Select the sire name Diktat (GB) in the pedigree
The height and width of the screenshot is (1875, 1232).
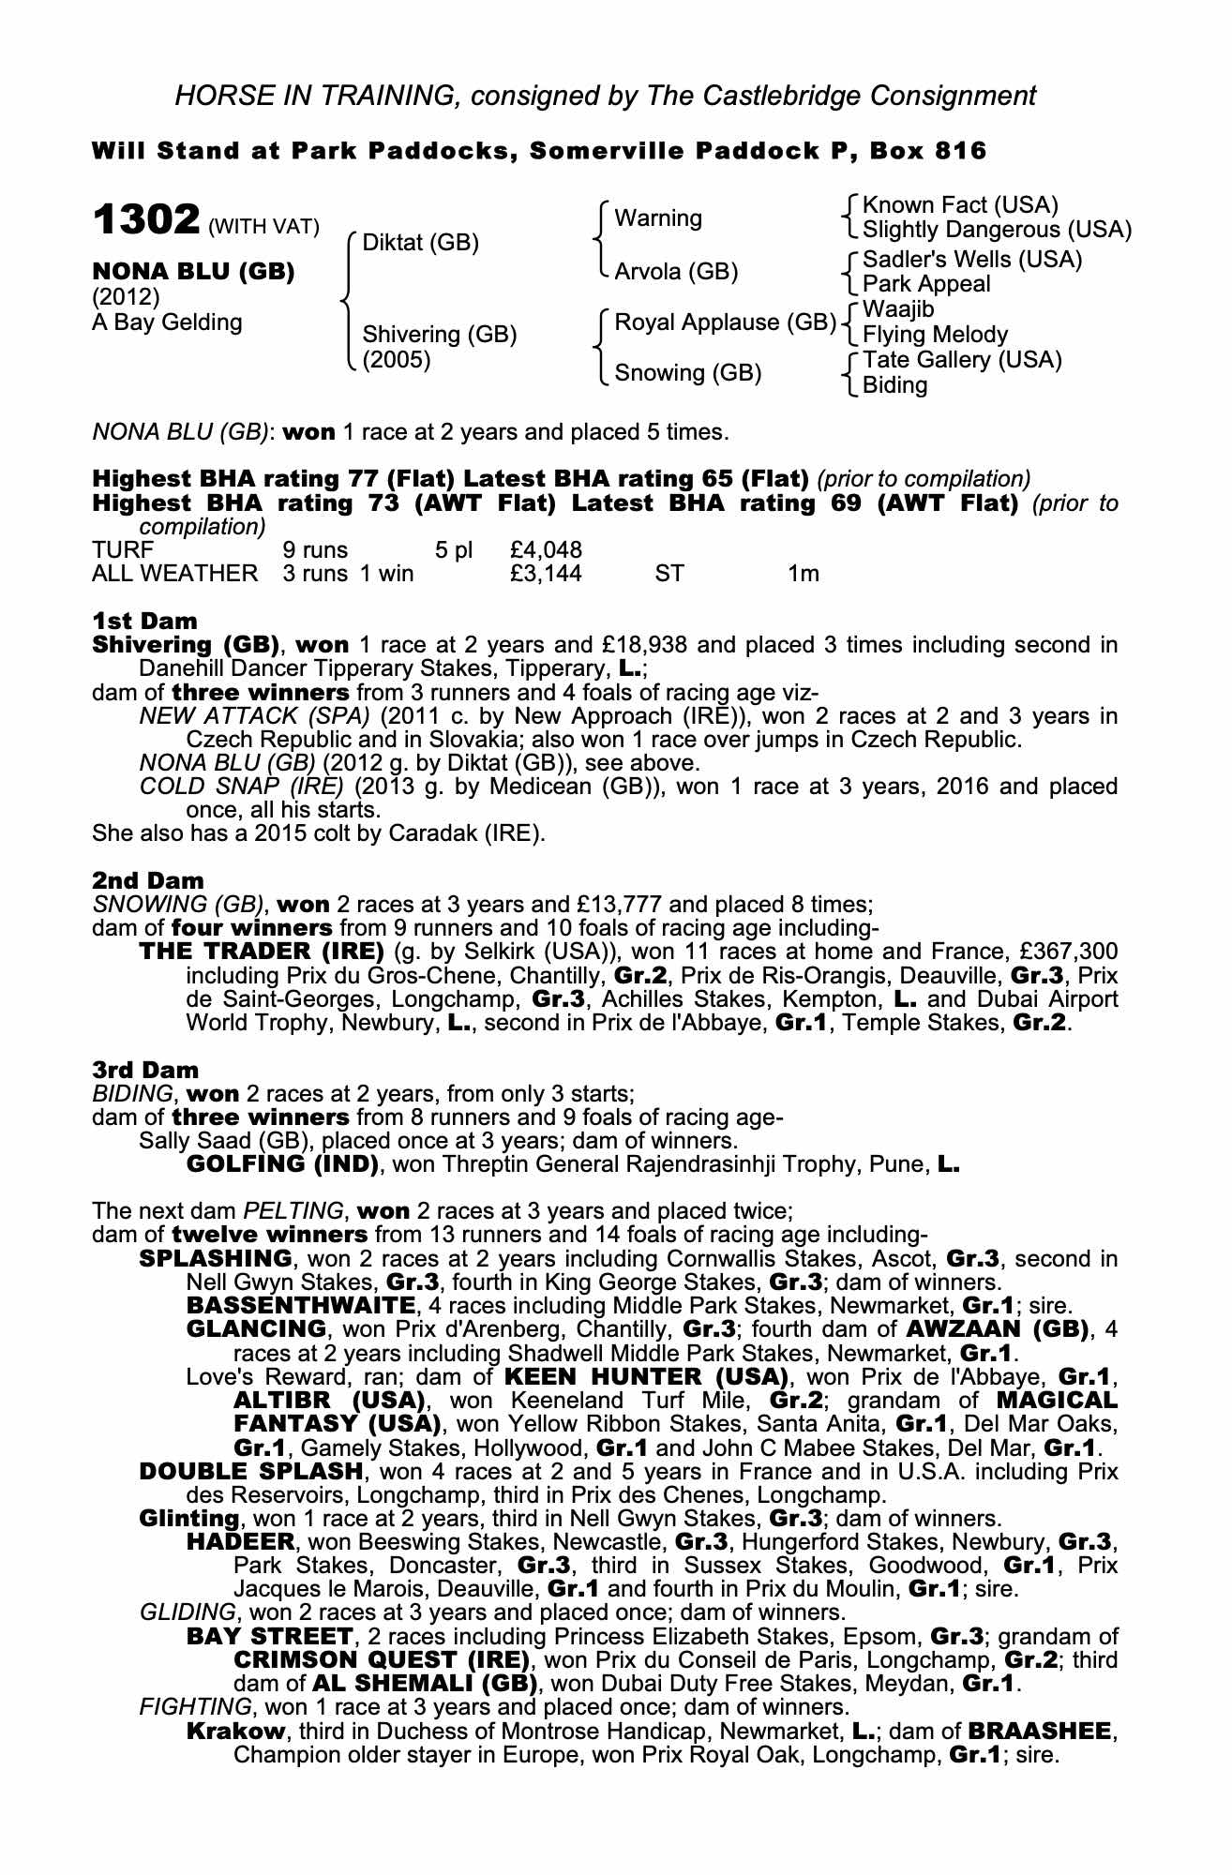tap(420, 243)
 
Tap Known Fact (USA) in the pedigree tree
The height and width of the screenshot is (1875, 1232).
tap(959, 204)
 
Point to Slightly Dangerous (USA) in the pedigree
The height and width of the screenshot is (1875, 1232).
tap(996, 230)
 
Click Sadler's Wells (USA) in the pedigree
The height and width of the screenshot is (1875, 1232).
tap(972, 259)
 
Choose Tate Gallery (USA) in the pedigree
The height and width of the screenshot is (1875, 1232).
tap(962, 360)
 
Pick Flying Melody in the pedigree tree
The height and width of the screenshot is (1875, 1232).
tap(935, 335)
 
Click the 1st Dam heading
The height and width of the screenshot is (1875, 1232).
tap(145, 621)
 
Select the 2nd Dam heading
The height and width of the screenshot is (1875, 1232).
tap(148, 880)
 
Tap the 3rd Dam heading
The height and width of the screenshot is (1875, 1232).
tap(146, 1070)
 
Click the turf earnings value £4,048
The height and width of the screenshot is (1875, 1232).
tap(546, 549)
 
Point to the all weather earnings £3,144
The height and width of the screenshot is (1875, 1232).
tap(546, 573)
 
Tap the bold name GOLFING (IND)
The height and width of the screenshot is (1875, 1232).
tap(282, 1164)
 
